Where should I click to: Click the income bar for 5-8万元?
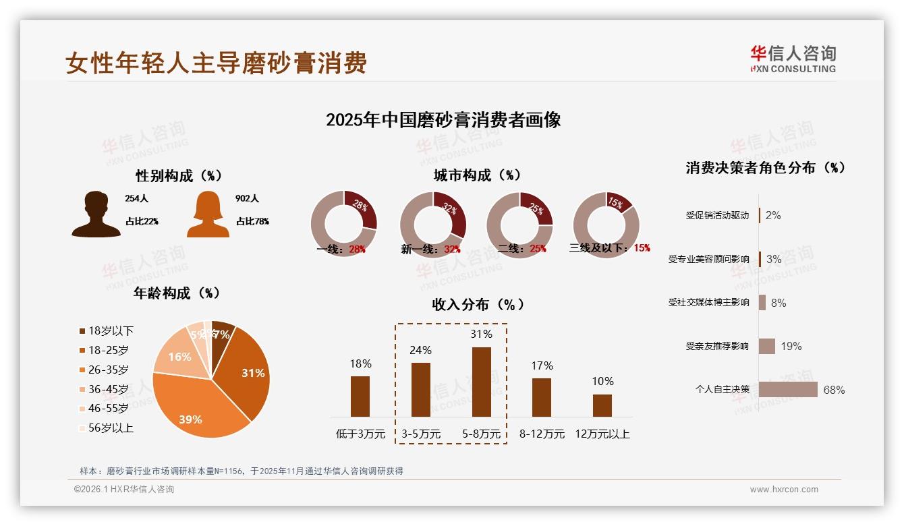coord(481,382)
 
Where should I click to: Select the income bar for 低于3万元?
coord(360,396)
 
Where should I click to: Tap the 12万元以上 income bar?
coord(602,405)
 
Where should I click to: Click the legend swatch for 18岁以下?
coord(82,331)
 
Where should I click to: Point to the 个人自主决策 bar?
coord(788,390)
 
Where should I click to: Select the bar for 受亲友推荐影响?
coord(767,346)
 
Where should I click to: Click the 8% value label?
coord(779,303)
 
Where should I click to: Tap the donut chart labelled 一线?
coord(344,224)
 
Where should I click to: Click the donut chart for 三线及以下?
coord(606,224)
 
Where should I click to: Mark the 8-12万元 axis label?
coord(542,434)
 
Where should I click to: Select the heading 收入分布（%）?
coord(478,304)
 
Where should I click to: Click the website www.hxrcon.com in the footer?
coord(784,490)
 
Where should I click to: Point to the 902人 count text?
coord(248,199)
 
